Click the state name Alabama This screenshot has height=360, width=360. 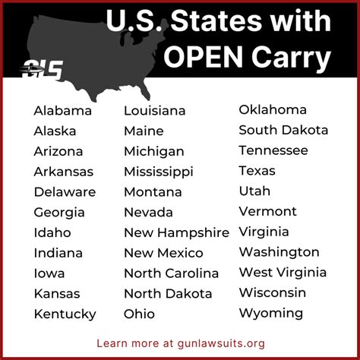click(62, 111)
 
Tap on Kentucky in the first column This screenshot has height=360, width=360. click(65, 314)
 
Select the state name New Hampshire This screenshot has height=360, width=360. click(176, 232)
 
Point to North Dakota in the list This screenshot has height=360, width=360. click(168, 293)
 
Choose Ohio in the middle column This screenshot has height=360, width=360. click(139, 314)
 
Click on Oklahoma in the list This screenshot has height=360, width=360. click(273, 109)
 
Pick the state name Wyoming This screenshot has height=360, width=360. click(270, 313)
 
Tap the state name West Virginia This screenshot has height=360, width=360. click(283, 272)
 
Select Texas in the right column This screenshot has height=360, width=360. click(257, 170)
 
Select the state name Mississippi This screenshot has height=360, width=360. click(158, 172)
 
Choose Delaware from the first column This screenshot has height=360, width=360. click(65, 191)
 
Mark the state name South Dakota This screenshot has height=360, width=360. click(283, 130)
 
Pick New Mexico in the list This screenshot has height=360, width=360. click(163, 253)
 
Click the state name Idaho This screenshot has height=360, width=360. click(52, 232)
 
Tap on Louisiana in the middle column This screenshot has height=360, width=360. click(154, 111)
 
